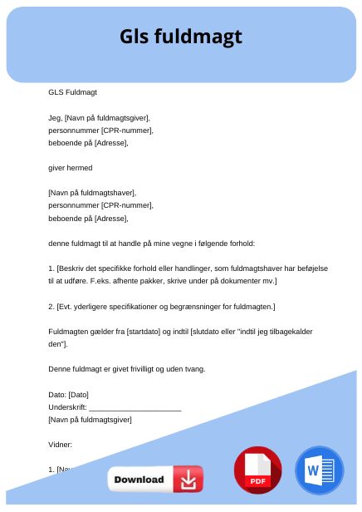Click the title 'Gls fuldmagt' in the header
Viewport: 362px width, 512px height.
pyautogui.click(x=181, y=37)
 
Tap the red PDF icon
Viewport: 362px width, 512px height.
pyautogui.click(x=257, y=470)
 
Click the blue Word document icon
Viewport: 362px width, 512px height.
pyautogui.click(x=319, y=470)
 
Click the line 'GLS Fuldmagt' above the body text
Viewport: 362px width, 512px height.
pyautogui.click(x=72, y=92)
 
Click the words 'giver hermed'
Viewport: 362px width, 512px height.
pyautogui.click(x=71, y=168)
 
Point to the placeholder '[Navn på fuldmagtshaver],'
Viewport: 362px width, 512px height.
pyautogui.click(x=92, y=193)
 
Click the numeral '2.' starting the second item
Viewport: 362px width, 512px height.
pyautogui.click(x=51, y=306)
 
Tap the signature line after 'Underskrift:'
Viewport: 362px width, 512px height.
pyautogui.click(x=135, y=407)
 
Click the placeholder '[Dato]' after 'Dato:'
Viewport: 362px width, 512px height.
pyautogui.click(x=78, y=394)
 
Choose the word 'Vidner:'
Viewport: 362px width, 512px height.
pyautogui.click(x=61, y=445)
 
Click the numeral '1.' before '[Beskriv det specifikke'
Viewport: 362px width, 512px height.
pyautogui.click(x=51, y=268)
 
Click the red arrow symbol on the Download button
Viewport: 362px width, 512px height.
pyautogui.click(x=188, y=479)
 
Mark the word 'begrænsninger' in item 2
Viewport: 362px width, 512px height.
pyautogui.click(x=201, y=306)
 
